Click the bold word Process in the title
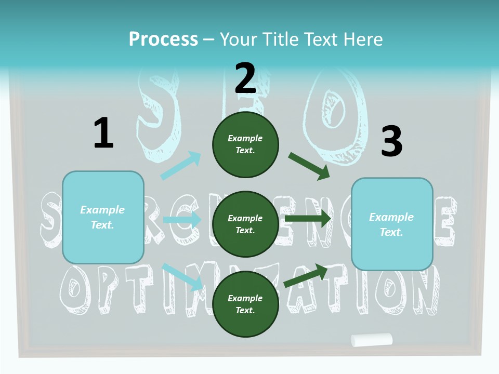click(163, 39)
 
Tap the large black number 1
click(103, 133)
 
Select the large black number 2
click(245, 78)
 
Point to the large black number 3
click(391, 141)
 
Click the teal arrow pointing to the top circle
click(181, 166)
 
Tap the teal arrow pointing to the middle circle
click(182, 220)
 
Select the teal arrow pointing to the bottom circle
click(182, 277)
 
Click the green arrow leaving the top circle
click(309, 166)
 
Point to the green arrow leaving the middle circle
click(308, 219)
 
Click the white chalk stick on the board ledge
click(372, 340)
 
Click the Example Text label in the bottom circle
click(245, 304)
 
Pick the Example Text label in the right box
click(391, 224)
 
